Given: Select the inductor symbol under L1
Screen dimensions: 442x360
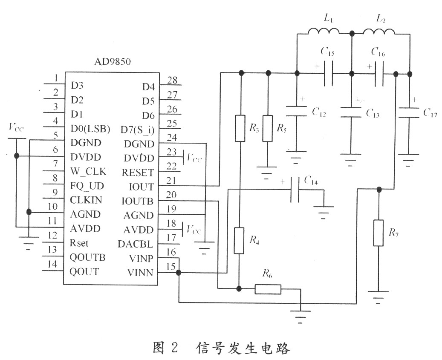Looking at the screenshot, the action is point(324,31).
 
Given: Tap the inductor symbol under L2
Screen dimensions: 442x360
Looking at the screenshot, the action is point(378,31).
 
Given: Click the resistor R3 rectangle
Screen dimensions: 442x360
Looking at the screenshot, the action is point(240,128).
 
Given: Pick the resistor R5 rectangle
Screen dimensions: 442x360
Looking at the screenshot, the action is point(268,128).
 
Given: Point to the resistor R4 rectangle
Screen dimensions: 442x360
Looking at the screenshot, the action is point(239,241).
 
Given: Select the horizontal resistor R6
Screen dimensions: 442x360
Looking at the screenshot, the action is point(268,289).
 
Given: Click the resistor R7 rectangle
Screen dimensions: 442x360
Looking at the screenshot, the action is point(378,233).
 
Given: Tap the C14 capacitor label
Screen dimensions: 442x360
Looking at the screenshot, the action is point(311,181).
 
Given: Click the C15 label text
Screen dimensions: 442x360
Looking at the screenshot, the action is point(327,52).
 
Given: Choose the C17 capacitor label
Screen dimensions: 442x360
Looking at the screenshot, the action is point(430,112).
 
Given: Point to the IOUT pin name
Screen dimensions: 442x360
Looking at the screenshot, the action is point(141,187).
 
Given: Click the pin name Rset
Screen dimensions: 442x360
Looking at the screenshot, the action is point(79,243).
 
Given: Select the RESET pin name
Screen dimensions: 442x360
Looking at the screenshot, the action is point(138,173).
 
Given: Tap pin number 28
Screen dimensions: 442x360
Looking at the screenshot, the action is point(172,80).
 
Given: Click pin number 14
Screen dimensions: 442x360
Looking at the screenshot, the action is point(52,264).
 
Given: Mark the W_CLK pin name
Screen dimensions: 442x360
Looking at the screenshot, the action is point(88,172).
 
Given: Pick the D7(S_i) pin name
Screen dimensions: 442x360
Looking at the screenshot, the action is point(138,130).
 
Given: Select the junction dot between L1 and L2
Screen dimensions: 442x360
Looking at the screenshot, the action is point(352,34).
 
